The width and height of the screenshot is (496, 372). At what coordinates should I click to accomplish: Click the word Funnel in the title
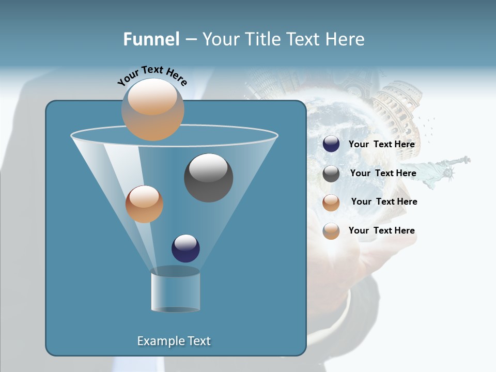point(151,39)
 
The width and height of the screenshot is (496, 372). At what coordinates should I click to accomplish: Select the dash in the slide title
point(190,39)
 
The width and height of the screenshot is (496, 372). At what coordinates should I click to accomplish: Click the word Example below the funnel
point(159,341)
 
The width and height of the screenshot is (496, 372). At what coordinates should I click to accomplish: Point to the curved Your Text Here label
point(152,75)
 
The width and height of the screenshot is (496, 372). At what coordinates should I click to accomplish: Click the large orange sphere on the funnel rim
point(152,110)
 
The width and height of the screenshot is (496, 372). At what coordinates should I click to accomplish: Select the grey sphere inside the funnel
point(209,178)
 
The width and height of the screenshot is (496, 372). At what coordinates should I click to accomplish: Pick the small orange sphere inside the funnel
point(144,204)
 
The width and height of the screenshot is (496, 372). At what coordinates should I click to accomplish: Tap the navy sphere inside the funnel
point(185,248)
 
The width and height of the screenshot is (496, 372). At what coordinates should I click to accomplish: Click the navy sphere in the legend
point(331,144)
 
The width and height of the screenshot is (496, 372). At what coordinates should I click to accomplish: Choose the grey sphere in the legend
point(331,174)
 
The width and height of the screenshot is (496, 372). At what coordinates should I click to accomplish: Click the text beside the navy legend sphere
point(381,145)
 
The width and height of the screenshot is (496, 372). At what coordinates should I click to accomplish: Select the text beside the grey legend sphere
point(383,174)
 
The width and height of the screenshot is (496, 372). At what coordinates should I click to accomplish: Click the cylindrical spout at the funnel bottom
point(175,291)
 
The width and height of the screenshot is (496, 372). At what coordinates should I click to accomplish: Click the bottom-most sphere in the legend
point(331,231)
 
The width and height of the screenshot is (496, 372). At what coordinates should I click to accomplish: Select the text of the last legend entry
point(381,230)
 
